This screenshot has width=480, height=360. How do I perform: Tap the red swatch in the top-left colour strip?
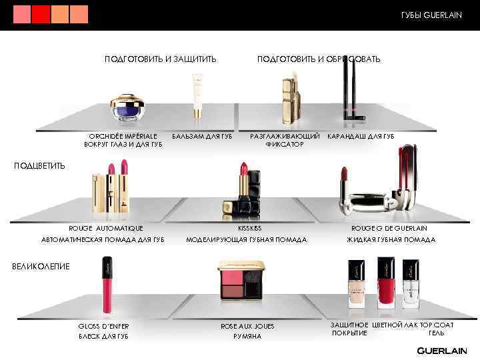[41, 14]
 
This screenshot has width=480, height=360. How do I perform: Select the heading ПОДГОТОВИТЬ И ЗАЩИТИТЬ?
[160, 59]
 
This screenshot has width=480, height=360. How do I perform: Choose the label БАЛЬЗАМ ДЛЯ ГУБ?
[202, 137]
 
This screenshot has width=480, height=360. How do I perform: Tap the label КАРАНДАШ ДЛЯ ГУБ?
[361, 137]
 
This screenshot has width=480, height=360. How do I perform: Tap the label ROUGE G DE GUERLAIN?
[389, 228]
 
